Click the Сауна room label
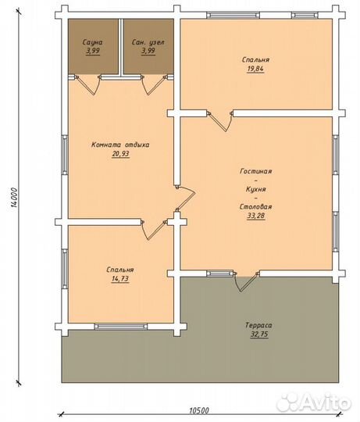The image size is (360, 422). coord(92,42)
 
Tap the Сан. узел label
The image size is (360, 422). coord(148,42)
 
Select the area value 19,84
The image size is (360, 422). coord(255,69)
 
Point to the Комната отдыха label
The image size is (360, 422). coord(120,145)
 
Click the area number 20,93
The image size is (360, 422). coord(121,154)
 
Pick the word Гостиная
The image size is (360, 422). coord(255,171)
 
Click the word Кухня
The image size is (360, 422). coord(256,189)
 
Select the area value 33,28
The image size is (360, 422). coord(256,216)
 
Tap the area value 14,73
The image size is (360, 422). coord(120,278)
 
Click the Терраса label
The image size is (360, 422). coord(258,325)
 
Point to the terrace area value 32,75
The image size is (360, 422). coord(259,334)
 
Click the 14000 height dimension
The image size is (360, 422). coord(15,198)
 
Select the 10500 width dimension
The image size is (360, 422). coord(199,410)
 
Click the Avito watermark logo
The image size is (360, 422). coord(314,403)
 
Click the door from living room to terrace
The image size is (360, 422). coord(247,282)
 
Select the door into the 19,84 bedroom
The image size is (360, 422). coord(220,122)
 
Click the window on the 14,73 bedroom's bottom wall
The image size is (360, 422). coord(121,327)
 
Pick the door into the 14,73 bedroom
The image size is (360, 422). coord(154,231)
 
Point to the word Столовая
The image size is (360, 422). coord(255,206)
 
